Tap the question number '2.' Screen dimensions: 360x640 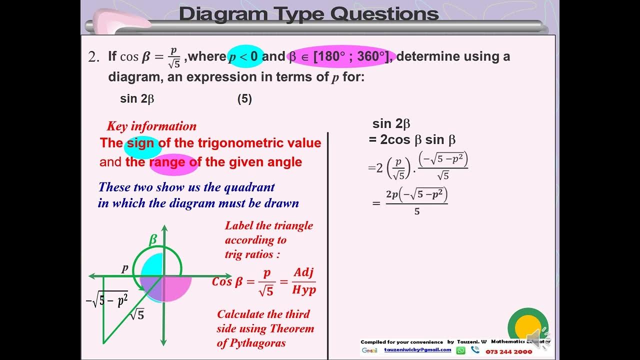pos(94,57)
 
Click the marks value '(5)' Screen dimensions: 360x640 pos(244,99)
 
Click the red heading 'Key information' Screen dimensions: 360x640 pos(151,126)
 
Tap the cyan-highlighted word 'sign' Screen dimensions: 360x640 pos(140,143)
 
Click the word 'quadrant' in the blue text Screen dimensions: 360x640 pos(249,187)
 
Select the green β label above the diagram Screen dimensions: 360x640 pos(153,240)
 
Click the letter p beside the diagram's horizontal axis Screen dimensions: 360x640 pos(125,268)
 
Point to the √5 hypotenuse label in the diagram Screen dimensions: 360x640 pos(136,315)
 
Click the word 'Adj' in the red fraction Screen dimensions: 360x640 pos(304,272)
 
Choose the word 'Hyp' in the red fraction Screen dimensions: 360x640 pos(304,290)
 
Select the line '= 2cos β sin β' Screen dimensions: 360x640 pos(412,139)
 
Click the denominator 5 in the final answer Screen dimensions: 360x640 pos(417,211)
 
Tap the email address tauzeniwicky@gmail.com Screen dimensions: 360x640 pos(417,350)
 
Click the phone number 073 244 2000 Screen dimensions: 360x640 pos(509,351)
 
